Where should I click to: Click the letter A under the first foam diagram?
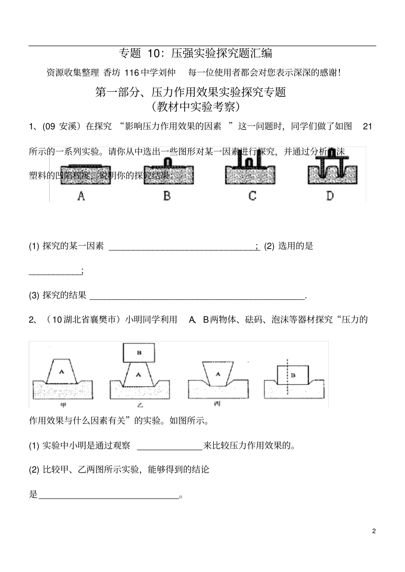(81, 196)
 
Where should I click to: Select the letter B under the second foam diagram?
(167, 196)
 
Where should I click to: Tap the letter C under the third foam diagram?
(252, 196)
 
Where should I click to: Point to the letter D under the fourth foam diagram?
(330, 196)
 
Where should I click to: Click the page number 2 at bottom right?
(374, 531)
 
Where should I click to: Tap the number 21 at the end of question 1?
(367, 127)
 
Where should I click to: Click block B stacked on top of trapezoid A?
(139, 353)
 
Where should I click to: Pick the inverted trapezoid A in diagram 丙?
(218, 374)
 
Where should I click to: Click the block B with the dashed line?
(293, 375)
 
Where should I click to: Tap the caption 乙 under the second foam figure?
(139, 405)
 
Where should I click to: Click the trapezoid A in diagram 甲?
(62, 372)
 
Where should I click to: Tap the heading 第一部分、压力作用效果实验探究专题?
(190, 92)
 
